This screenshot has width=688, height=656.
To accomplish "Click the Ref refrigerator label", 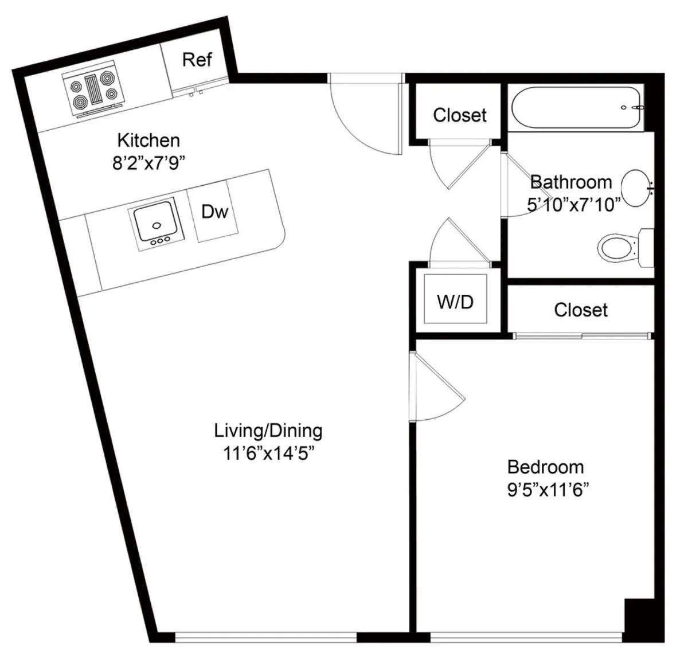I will [x=197, y=60].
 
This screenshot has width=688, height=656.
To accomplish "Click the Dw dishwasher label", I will [x=215, y=212].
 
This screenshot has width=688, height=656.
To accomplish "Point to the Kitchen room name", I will [x=148, y=140].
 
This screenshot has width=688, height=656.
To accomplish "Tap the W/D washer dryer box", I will [x=455, y=301].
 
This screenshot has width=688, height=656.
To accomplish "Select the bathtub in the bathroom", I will [x=576, y=107].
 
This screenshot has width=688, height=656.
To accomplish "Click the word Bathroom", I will [x=570, y=182].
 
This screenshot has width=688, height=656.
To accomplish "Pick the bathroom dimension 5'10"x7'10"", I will [x=574, y=204].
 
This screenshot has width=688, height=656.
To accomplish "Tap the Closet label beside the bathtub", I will [x=459, y=115].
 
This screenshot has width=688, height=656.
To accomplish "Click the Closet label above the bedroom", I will [x=580, y=310].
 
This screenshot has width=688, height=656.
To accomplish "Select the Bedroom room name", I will [x=545, y=467].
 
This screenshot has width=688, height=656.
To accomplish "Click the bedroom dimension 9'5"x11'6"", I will [x=549, y=490].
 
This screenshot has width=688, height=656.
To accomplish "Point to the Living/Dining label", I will [x=268, y=430].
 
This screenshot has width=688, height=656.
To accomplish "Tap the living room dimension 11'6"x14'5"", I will [x=269, y=453].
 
